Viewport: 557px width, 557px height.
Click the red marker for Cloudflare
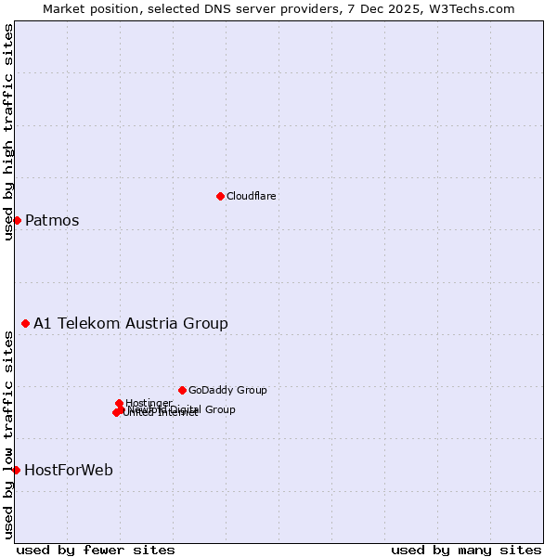click(x=220, y=196)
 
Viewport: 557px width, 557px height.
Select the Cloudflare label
click(x=252, y=197)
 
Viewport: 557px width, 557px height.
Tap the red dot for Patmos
click(x=17, y=220)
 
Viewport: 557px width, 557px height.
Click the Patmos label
click(x=52, y=221)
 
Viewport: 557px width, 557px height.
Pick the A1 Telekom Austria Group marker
click(x=26, y=323)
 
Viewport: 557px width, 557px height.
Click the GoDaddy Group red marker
click(x=182, y=390)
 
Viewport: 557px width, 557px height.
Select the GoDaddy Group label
click(x=227, y=391)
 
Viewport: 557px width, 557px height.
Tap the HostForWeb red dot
click(x=16, y=470)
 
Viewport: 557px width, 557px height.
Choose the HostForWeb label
click(x=69, y=471)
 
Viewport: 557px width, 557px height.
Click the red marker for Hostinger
click(x=120, y=403)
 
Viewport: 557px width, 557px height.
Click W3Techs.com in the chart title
click(x=473, y=8)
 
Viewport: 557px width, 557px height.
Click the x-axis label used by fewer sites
click(x=96, y=551)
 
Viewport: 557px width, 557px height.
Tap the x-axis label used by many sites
click(x=466, y=551)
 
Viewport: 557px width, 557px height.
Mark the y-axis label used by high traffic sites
click(x=8, y=133)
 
